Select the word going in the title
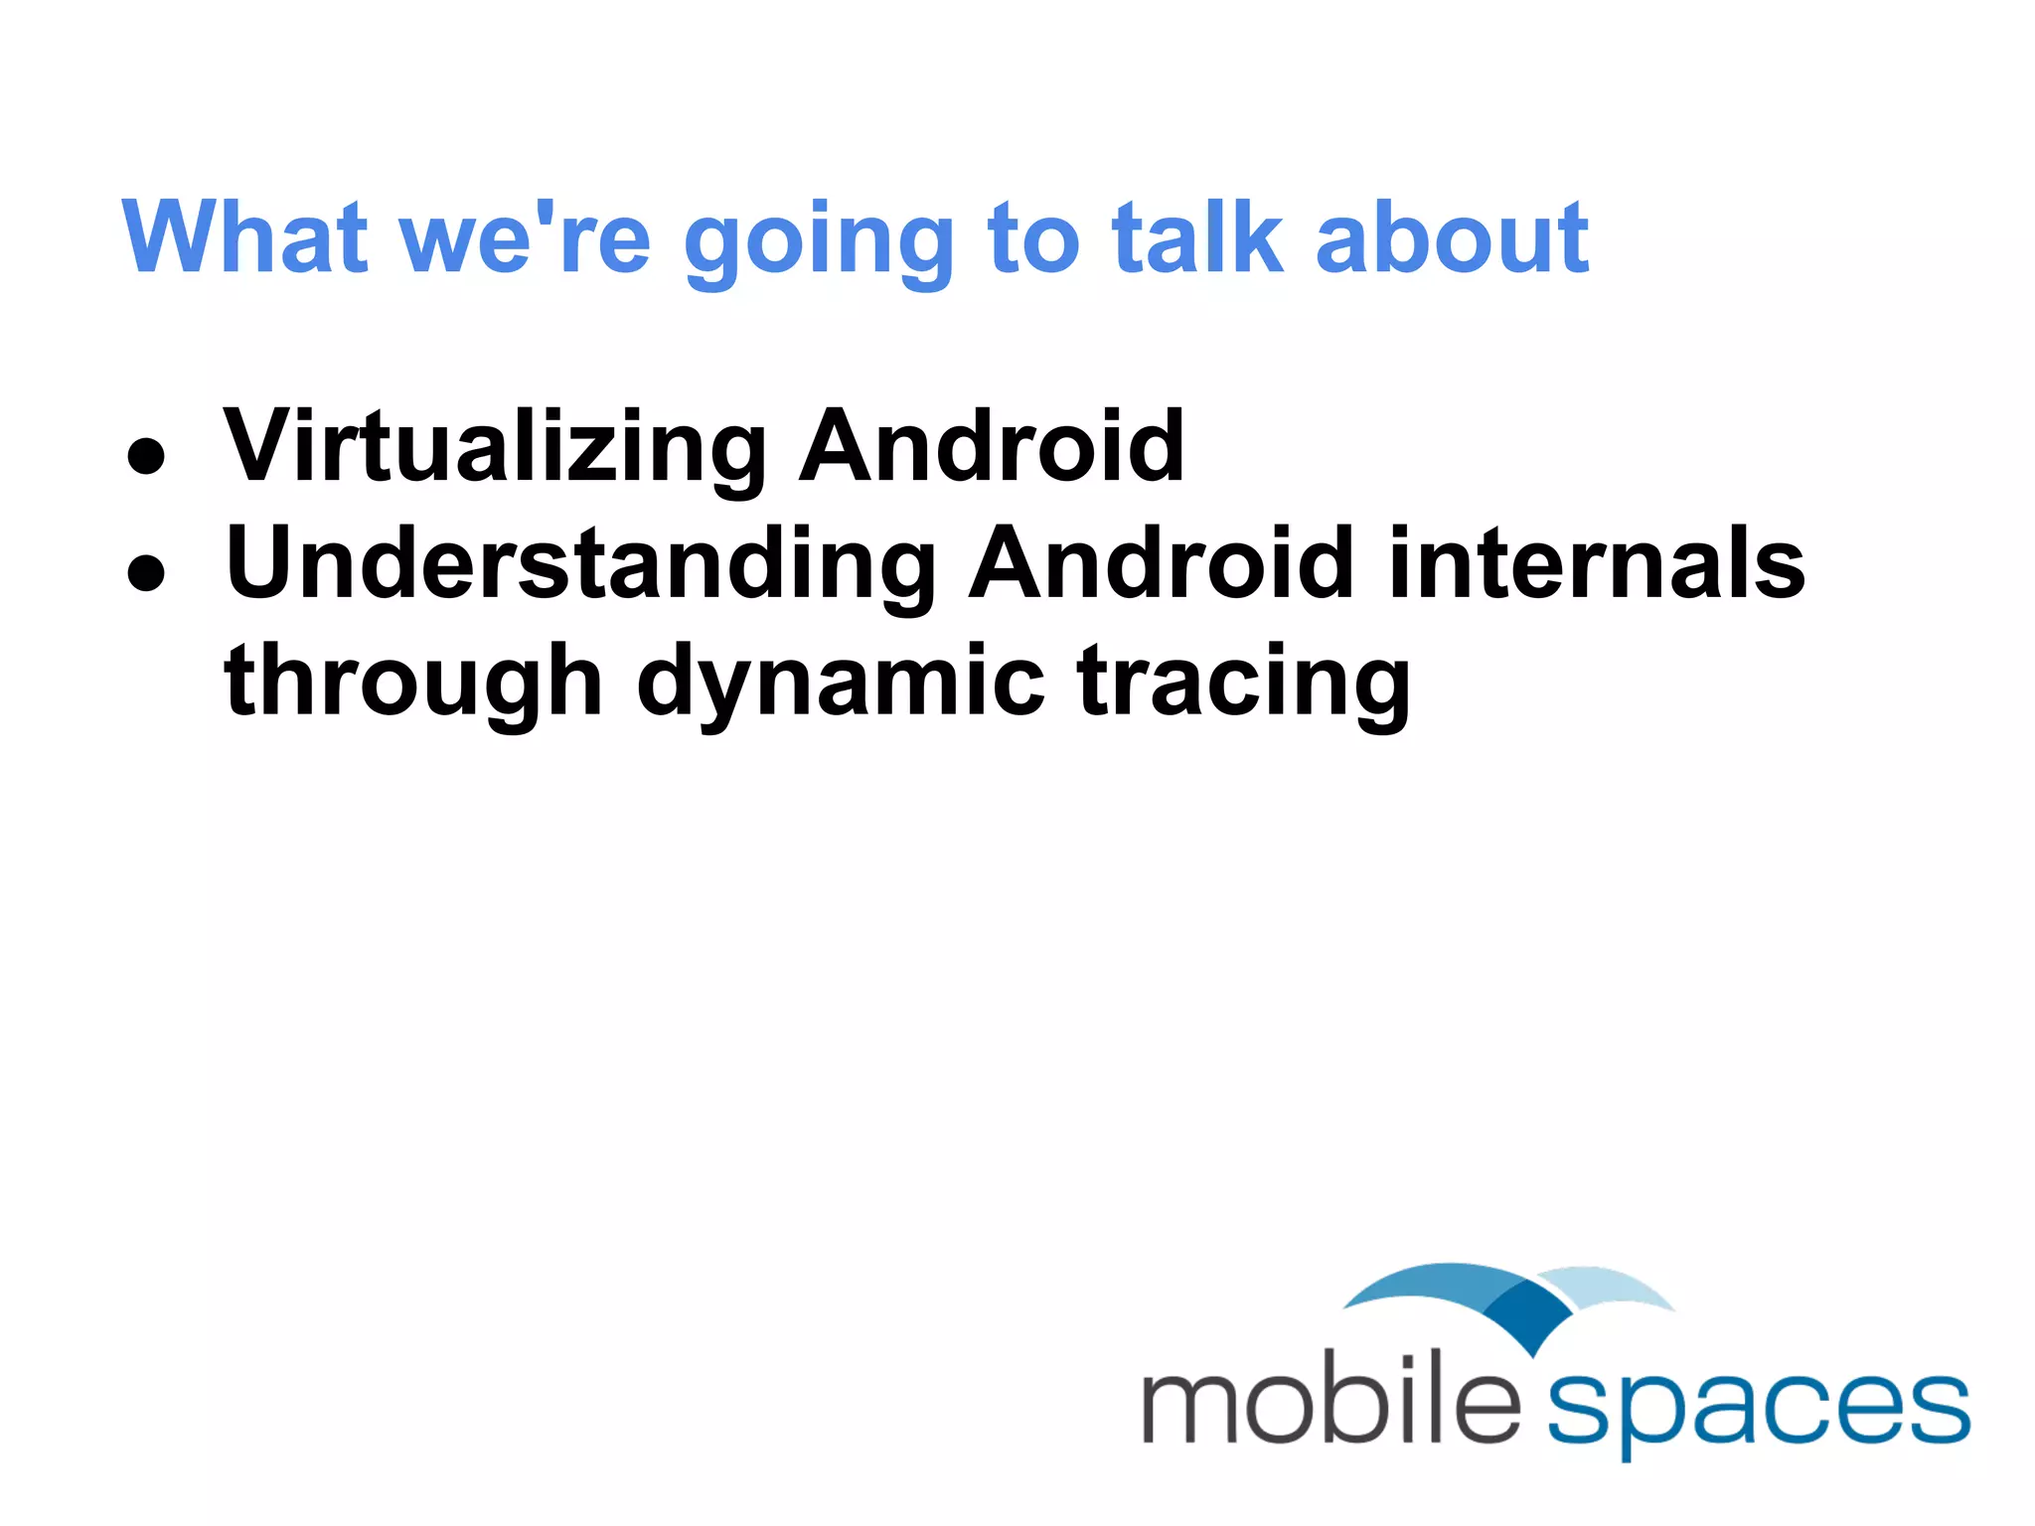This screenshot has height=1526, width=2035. point(819,243)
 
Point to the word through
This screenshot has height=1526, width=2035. point(413,684)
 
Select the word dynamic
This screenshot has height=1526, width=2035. point(840,684)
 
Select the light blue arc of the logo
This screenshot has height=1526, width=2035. point(1615,1287)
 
